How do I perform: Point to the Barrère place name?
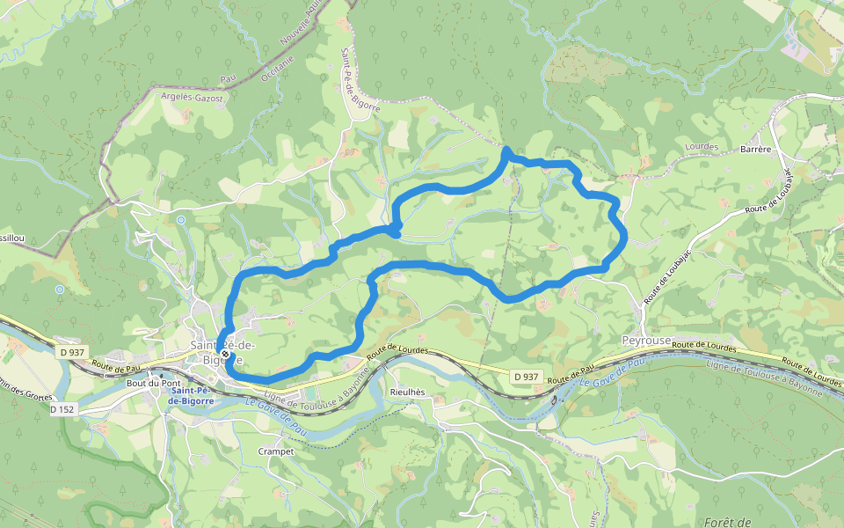755,149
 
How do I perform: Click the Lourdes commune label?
701,147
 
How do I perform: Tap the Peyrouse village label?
646,340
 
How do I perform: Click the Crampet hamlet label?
275,450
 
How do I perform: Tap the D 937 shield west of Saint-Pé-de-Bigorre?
73,352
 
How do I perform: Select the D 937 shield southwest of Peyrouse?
525,377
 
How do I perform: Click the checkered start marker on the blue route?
225,355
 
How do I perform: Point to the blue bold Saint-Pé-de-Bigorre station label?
191,395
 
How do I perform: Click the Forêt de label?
726,521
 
